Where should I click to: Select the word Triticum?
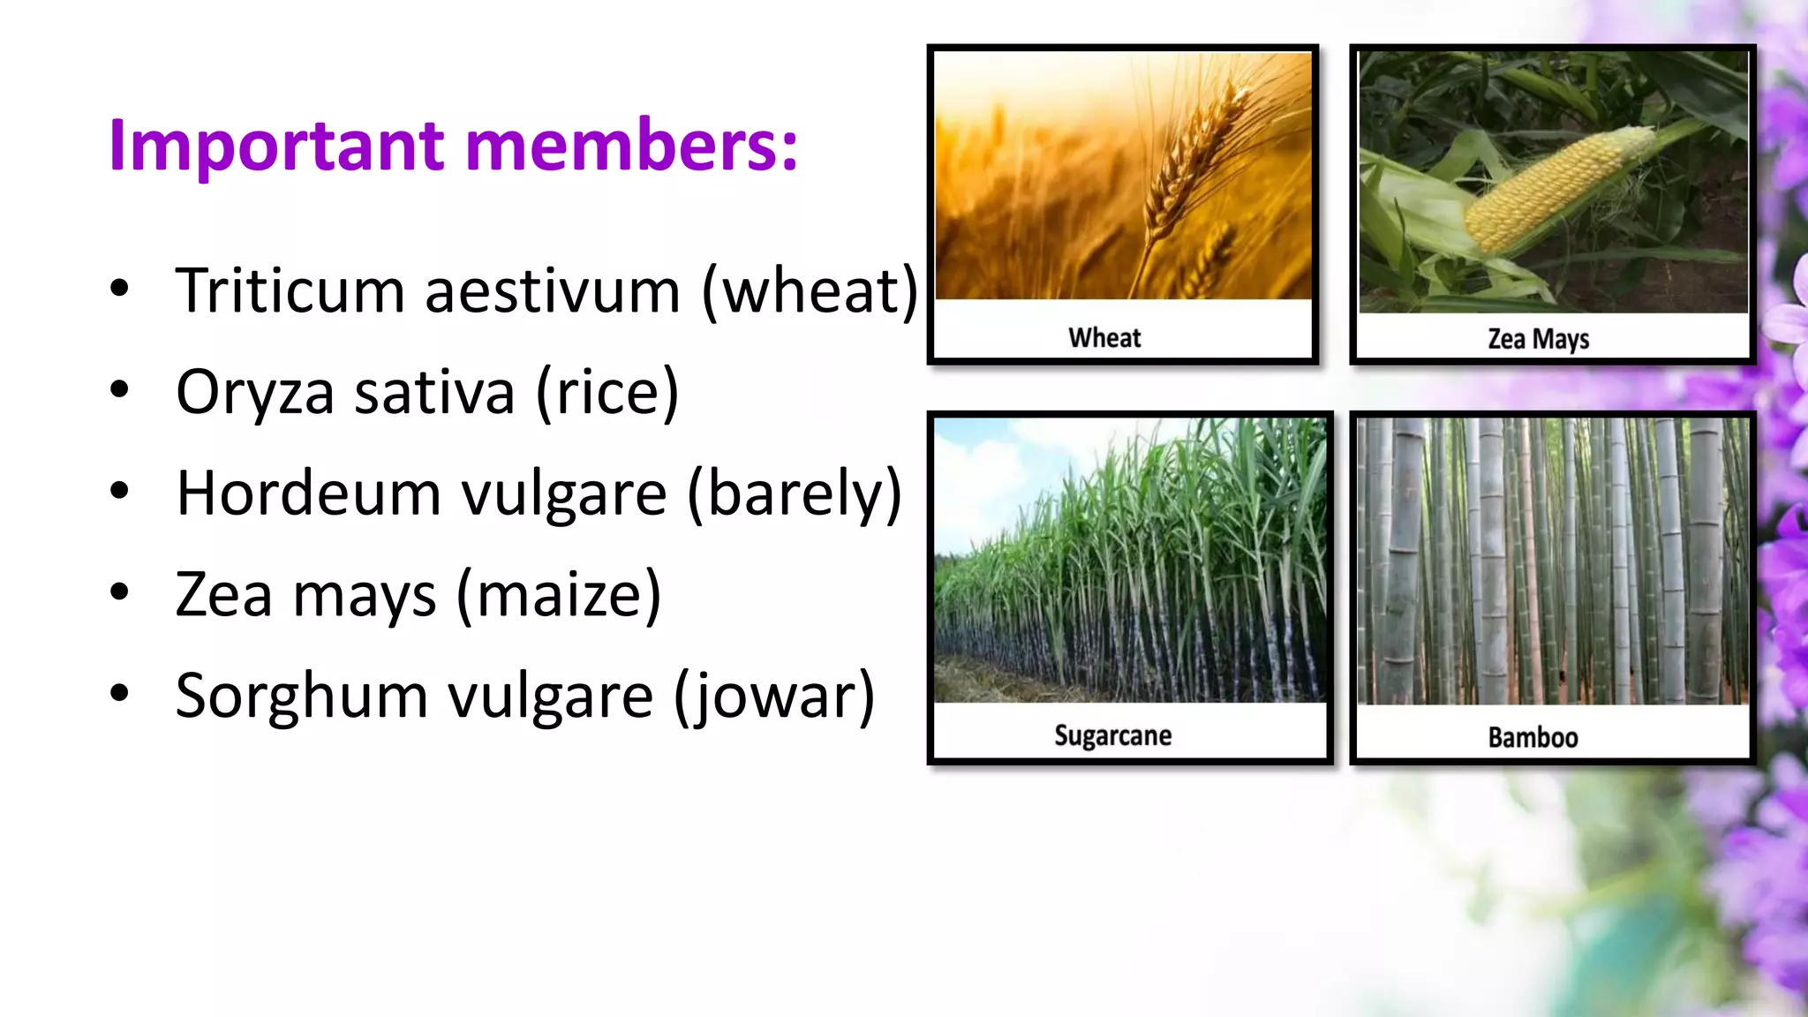pos(290,290)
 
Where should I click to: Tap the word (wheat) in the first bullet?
pos(810,290)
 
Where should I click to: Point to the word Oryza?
pos(255,394)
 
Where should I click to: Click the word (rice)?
pos(607,392)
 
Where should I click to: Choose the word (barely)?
pos(795,494)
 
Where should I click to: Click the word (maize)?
pos(559,595)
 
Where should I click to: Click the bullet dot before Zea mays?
pos(119,592)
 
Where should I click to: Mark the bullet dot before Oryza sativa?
pos(119,389)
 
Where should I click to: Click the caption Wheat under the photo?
pos(1104,337)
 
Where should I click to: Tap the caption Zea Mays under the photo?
pos(1538,339)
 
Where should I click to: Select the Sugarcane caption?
pos(1112,735)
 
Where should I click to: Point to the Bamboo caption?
pos(1533,737)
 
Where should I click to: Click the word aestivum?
pos(553,290)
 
